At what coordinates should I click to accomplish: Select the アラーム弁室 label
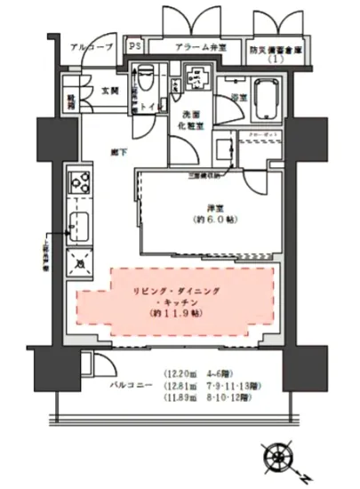click(196, 48)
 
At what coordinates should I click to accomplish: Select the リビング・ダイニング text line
click(177, 291)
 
